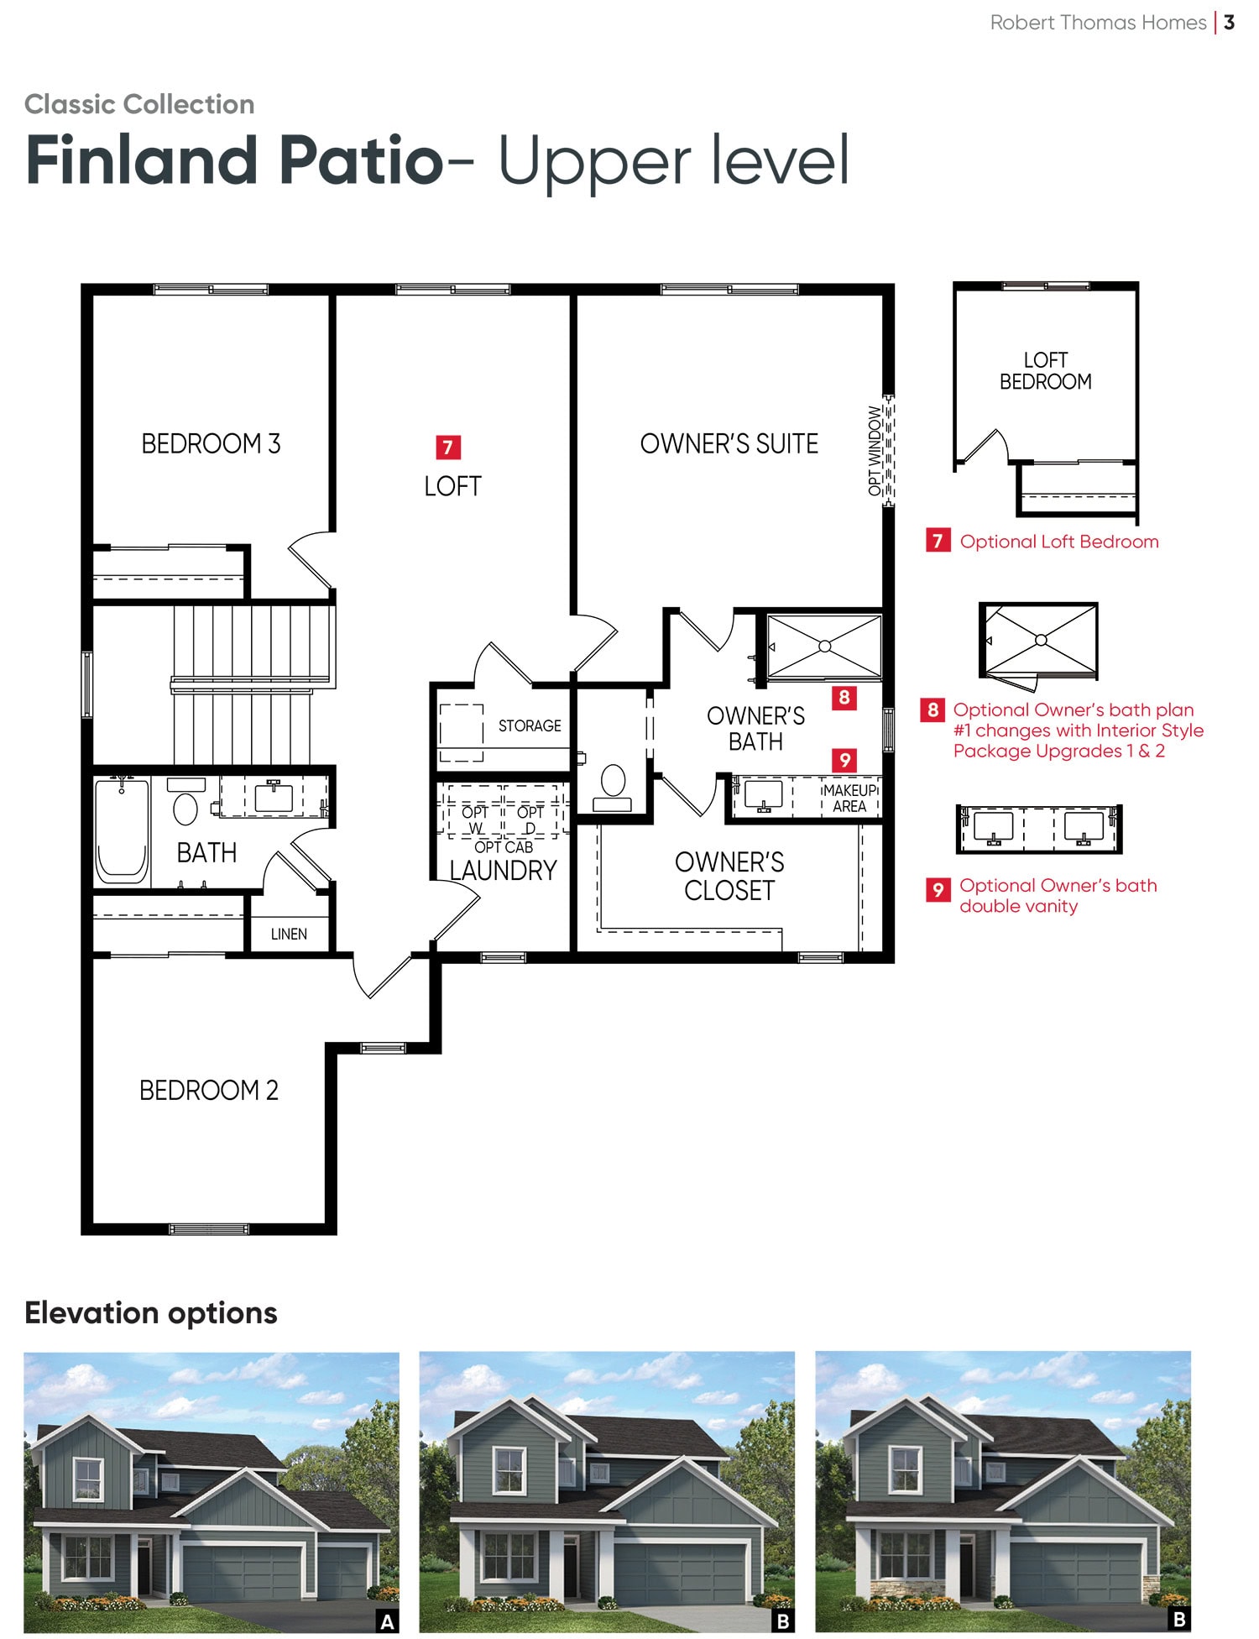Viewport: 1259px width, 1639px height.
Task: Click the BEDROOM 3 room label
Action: [211, 443]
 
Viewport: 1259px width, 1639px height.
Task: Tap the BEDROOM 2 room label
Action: [209, 1090]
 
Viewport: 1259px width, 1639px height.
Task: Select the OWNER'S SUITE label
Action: [729, 443]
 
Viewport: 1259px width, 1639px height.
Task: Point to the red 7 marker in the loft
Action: [448, 448]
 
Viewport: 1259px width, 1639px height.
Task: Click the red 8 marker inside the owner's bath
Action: [844, 698]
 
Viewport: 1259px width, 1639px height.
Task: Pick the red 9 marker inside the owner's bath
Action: [844, 760]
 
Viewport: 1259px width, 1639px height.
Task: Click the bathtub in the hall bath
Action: [122, 831]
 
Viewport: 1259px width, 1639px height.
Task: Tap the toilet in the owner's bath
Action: [613, 788]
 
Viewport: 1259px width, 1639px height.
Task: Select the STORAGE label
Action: [530, 725]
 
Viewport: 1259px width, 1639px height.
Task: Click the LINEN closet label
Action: [289, 934]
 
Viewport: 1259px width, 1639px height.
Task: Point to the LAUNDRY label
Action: [504, 871]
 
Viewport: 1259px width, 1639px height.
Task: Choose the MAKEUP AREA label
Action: [849, 799]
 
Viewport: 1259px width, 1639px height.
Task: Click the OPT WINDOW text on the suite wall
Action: [875, 450]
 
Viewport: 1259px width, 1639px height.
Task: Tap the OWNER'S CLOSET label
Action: [729, 876]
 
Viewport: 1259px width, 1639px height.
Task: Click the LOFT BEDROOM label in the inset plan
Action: [1046, 371]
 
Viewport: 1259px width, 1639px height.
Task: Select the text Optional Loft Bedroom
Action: [1059, 542]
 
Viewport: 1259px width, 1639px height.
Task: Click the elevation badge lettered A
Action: [387, 1621]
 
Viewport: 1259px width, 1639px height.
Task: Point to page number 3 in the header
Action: [1229, 23]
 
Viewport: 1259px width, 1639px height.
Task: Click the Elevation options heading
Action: [151, 1312]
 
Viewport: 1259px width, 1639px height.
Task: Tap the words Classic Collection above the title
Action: [139, 104]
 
